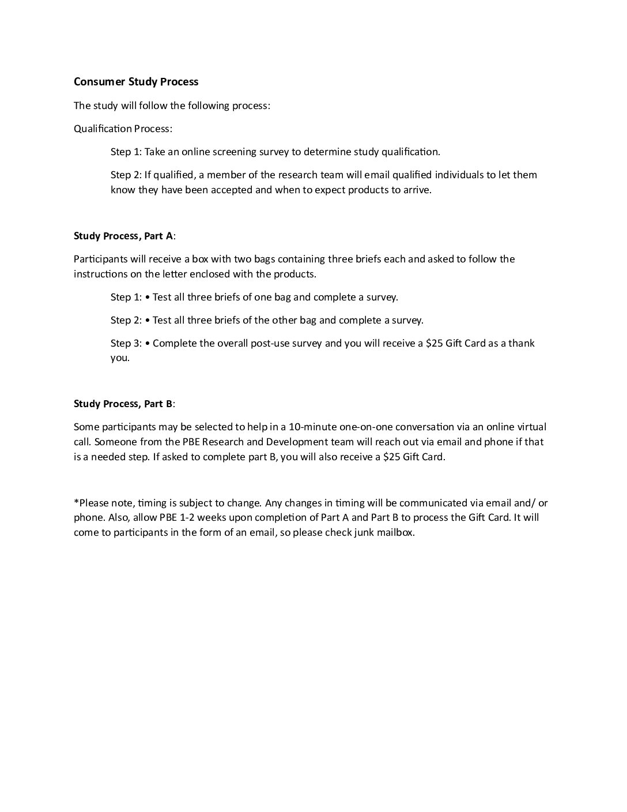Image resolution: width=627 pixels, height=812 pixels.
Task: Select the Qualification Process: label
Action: [x=123, y=129]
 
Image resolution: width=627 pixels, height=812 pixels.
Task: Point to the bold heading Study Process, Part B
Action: [x=123, y=404]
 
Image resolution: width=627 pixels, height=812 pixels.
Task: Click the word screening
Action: [x=221, y=152]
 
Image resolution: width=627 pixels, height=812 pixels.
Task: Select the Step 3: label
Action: [x=126, y=343]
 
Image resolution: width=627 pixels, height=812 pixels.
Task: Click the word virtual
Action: [x=529, y=427]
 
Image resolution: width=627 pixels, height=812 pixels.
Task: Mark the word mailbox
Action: [x=395, y=532]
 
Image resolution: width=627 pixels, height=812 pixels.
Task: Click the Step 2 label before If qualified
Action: [x=126, y=175]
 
